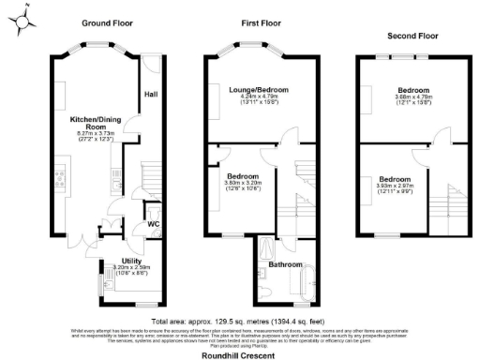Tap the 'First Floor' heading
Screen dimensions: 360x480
coord(262,22)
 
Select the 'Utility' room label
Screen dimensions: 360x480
coord(131,261)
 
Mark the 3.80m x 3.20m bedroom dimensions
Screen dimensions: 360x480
coord(247,183)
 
